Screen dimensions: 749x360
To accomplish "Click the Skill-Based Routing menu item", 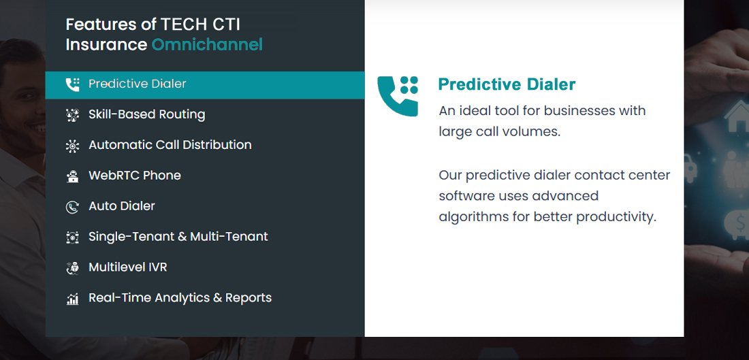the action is point(146,114).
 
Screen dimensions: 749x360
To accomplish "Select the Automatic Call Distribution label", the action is point(170,145).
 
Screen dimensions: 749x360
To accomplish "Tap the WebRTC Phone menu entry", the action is point(135,176).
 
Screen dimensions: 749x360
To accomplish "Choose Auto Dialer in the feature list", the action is point(122,206).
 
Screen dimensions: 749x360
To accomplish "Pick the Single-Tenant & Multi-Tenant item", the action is point(178,237).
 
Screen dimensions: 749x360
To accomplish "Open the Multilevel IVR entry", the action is point(128,267).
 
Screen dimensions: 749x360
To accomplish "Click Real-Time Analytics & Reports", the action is point(180,298).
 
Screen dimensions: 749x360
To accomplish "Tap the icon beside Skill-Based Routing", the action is point(72,115).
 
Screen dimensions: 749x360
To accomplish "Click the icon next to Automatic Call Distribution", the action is point(72,146).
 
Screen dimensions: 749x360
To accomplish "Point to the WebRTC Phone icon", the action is point(72,176).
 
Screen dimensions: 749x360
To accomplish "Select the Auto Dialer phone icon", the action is point(72,207).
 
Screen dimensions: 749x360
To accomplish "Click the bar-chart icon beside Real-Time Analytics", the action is point(72,299).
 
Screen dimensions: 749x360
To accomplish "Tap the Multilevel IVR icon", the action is point(72,268).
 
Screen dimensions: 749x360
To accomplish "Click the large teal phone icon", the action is point(398,96).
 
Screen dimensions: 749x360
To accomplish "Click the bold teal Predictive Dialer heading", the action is point(507,84).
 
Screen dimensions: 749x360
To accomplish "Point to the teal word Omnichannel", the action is point(207,45).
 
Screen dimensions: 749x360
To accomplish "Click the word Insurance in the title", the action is point(106,45).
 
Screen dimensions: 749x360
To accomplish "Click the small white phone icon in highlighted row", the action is point(72,84).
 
